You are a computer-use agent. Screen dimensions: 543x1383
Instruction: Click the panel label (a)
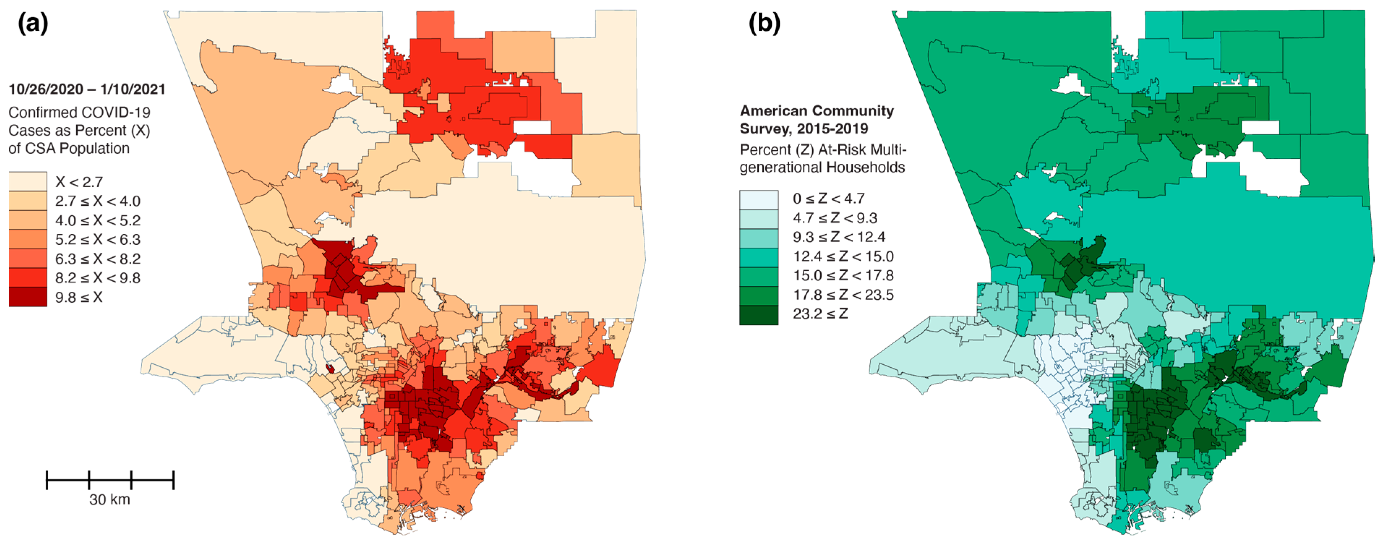33,23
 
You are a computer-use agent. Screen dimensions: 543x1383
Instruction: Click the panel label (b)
764,23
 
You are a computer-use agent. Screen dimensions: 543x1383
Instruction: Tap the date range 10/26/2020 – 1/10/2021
87,89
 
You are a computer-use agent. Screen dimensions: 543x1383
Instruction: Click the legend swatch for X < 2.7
28,181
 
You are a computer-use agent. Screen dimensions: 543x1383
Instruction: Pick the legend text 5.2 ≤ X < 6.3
98,240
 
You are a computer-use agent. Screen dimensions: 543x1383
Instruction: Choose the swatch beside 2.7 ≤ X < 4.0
28,201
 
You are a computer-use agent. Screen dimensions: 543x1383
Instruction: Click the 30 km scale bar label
110,500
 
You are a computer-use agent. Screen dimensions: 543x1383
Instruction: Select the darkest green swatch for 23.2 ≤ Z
759,315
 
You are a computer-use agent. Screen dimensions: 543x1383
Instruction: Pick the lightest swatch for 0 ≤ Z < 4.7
759,199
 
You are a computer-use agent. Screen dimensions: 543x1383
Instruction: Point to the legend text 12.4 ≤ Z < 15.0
843,256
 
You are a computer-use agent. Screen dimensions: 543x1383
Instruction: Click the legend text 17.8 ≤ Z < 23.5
843,295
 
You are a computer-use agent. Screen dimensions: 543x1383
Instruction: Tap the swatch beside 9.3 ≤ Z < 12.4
759,238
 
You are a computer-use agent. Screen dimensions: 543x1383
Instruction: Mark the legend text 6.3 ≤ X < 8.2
98,259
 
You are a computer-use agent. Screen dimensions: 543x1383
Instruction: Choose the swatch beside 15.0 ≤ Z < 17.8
759,276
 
